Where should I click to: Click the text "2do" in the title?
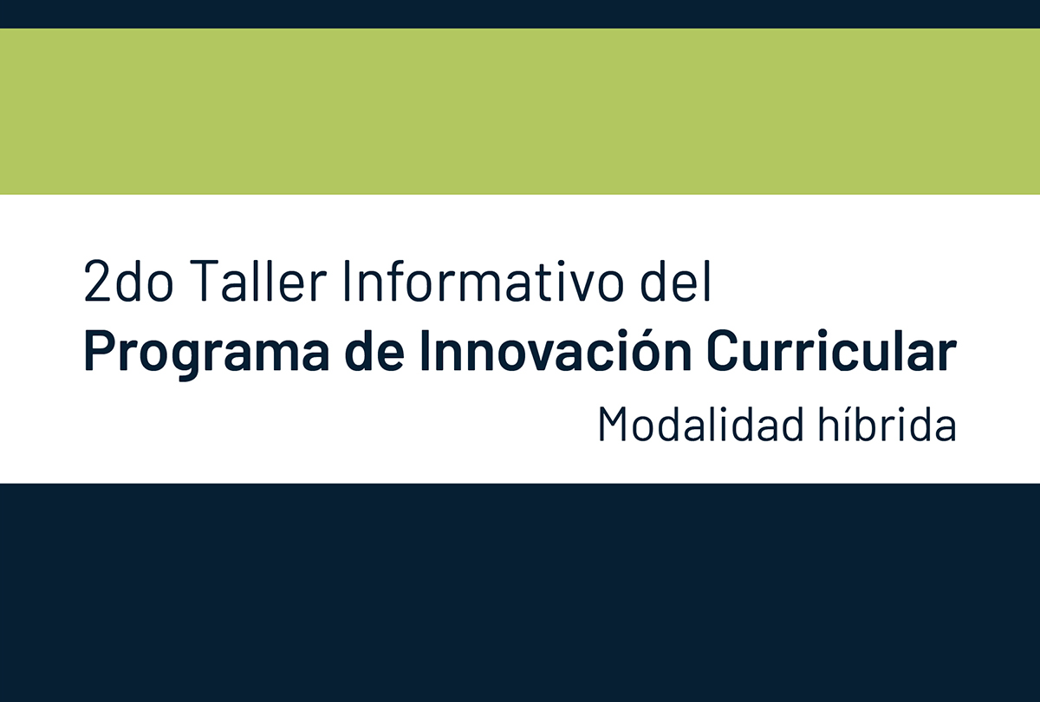point(128,281)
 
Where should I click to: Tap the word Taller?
point(258,280)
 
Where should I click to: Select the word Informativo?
point(483,280)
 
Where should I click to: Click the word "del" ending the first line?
point(675,280)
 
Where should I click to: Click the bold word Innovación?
point(556,350)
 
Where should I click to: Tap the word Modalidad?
point(701,424)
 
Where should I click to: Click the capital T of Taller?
point(205,281)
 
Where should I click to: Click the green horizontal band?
point(520,112)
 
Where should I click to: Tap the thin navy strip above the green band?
point(520,14)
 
